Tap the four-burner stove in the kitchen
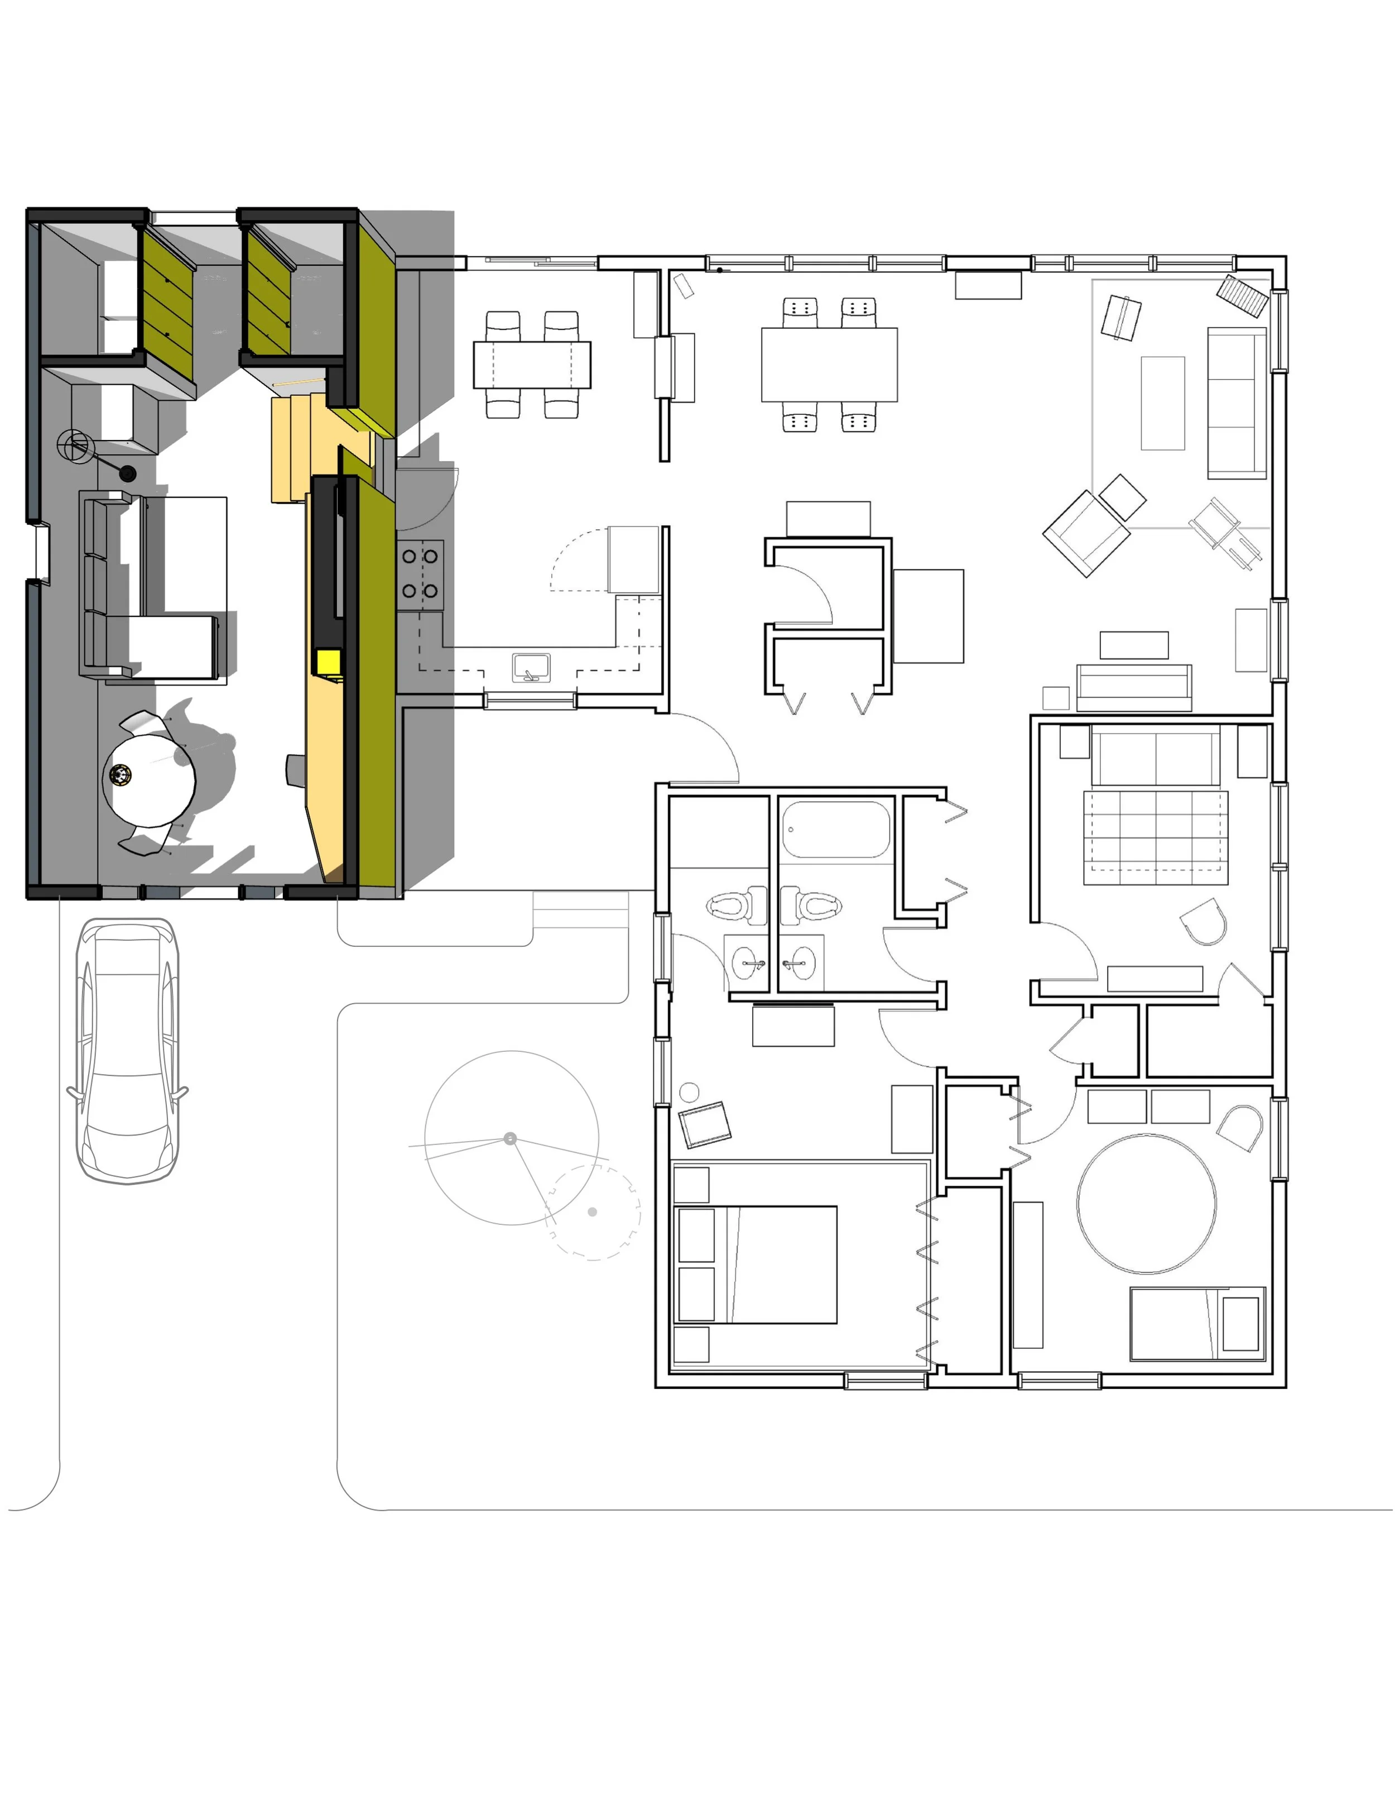tap(420, 574)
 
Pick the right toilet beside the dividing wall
tap(811, 904)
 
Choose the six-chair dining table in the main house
tap(829, 365)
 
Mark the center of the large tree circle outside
tap(511, 1139)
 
